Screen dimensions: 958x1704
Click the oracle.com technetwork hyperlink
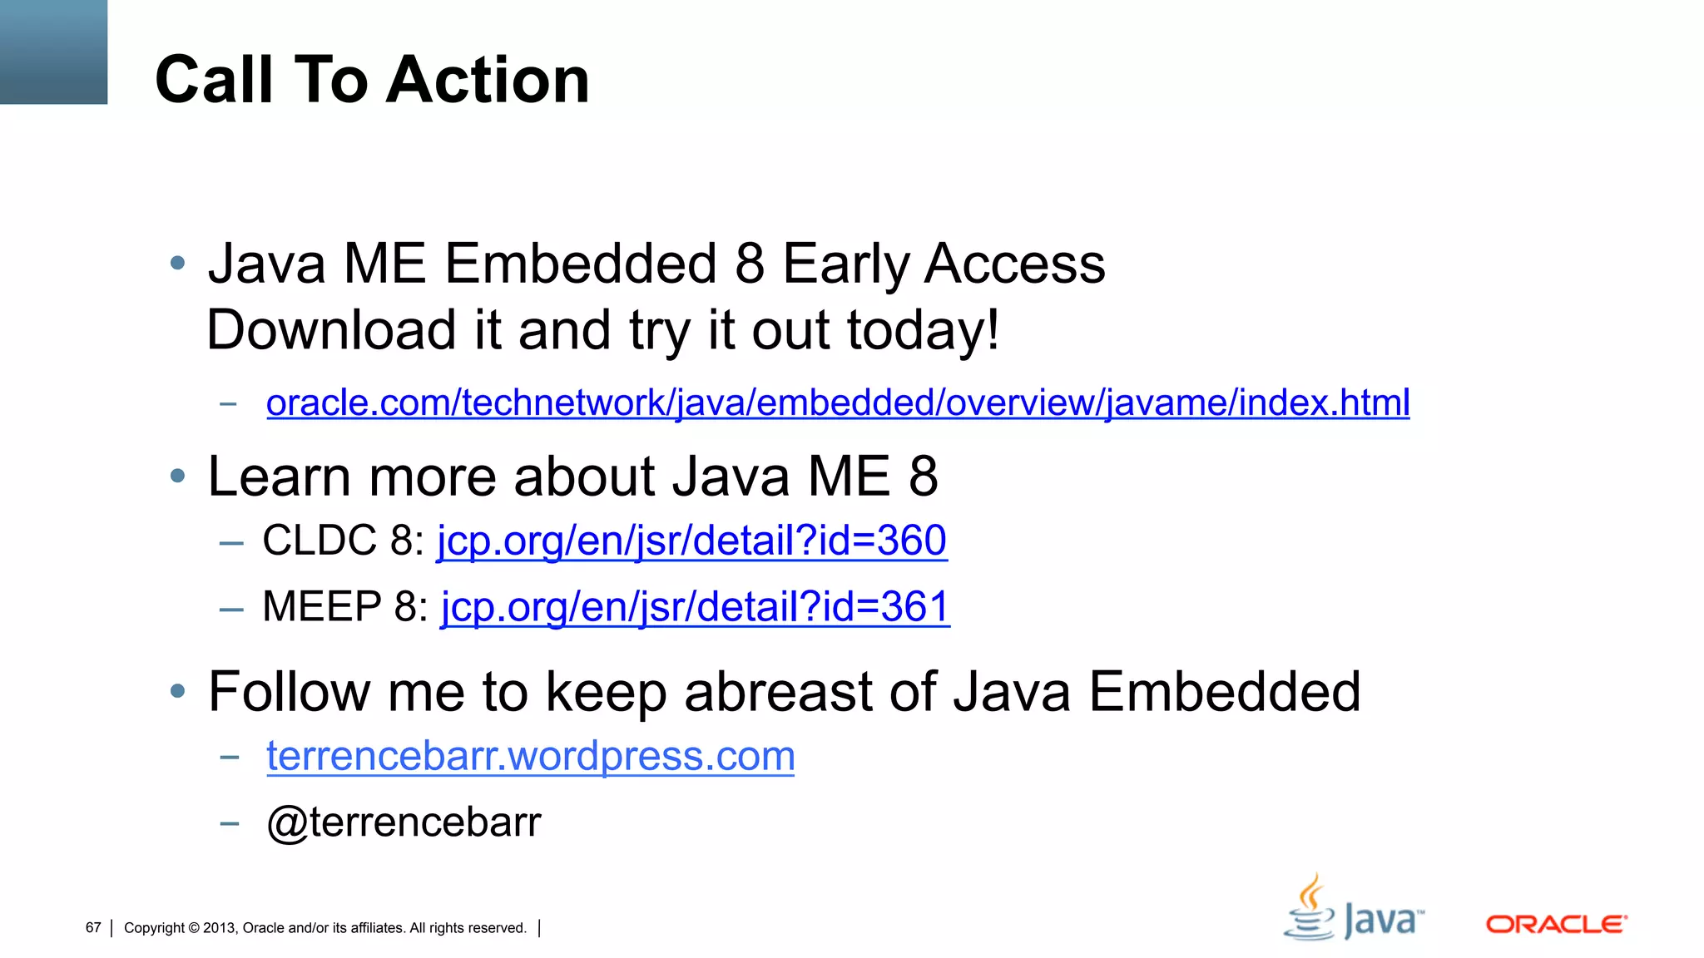point(837,403)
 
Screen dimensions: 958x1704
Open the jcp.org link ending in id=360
point(691,541)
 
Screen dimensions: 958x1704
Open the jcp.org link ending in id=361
point(695,607)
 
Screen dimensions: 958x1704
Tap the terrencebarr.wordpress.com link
point(530,757)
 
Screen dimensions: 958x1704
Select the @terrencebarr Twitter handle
point(404,822)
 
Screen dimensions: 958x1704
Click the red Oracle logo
point(1556,925)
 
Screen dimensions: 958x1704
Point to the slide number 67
point(93,928)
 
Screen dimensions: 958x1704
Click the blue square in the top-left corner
point(53,52)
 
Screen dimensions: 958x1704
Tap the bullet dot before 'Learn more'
point(177,477)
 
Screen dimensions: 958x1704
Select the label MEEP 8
point(344,607)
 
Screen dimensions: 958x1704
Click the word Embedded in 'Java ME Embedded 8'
point(580,264)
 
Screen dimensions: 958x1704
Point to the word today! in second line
point(923,330)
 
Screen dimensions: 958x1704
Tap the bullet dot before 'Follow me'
point(177,691)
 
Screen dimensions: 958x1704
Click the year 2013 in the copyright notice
point(220,928)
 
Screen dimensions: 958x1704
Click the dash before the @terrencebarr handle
point(230,824)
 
